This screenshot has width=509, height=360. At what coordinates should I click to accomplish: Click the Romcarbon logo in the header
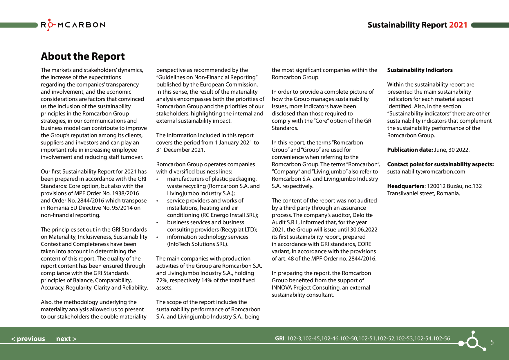[73, 25]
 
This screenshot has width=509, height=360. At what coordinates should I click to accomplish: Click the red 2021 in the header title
[458, 25]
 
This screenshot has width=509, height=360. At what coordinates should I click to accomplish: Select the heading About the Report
[83, 56]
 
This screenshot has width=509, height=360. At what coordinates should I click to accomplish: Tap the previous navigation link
[28, 339]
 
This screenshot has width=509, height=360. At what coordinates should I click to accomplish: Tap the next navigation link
[66, 339]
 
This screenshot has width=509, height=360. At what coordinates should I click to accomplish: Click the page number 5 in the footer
[492, 342]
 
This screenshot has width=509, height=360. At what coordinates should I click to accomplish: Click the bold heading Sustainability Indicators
[420, 70]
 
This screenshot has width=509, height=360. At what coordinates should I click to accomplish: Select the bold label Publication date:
[410, 150]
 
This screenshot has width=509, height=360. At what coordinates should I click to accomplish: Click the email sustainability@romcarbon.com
[426, 172]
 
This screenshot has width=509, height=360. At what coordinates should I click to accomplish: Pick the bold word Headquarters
[406, 186]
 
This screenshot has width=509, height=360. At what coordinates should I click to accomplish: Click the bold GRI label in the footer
[280, 339]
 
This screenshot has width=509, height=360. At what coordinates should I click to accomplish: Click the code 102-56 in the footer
[441, 339]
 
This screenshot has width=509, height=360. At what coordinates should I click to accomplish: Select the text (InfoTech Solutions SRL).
[198, 244]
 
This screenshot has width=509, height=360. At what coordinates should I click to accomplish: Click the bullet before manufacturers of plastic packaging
[157, 179]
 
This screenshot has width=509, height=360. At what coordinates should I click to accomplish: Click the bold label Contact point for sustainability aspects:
[440, 164]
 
